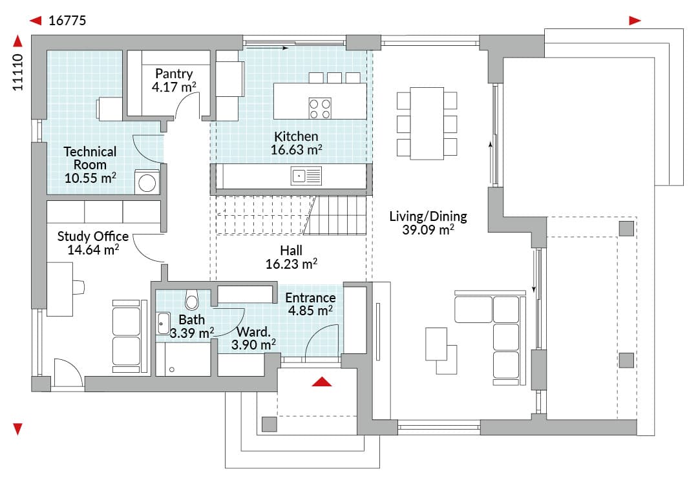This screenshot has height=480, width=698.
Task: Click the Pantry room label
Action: tap(174, 74)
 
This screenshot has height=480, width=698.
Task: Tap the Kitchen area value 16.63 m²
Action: tap(297, 149)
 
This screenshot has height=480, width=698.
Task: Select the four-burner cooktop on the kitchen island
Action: tap(320, 109)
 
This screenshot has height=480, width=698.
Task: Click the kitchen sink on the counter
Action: tap(306, 176)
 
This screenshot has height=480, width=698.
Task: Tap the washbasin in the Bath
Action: tap(164, 324)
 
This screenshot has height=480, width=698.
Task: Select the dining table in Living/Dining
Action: tap(427, 123)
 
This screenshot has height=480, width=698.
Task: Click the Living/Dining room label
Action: tap(428, 216)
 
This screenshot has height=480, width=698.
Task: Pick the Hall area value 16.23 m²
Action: tap(291, 264)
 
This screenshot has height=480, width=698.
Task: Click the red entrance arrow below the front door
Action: tap(322, 382)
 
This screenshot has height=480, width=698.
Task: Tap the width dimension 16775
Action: tap(67, 21)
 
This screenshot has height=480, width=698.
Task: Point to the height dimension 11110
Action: tap(18, 72)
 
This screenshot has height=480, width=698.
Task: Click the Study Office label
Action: tap(93, 236)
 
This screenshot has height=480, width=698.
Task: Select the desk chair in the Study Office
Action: tap(78, 287)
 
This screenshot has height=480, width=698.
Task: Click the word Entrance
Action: tap(311, 298)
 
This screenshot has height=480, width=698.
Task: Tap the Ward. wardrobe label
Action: tap(253, 332)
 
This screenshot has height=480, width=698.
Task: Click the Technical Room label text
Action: tap(90, 158)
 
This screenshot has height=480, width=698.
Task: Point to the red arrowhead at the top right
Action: tap(635, 21)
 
